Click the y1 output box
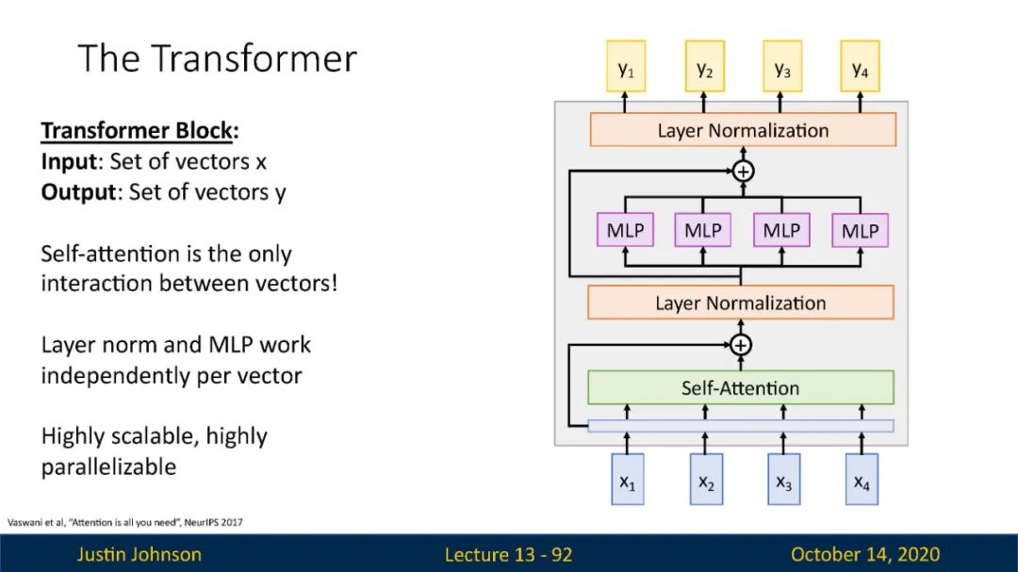pos(626,66)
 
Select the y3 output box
pos(782,66)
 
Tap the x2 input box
pos(706,479)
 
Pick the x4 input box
pos(862,479)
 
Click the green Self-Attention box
pos(741,387)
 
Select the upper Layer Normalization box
pos(743,130)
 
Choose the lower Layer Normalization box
pos(741,302)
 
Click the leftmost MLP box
pos(625,230)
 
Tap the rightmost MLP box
pos(861,231)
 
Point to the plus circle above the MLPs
pos(744,172)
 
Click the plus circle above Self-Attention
pos(741,345)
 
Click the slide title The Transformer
pos(218,58)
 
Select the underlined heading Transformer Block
pos(137,130)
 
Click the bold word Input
pos(69,162)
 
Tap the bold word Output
pos(78,192)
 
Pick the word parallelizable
pos(108,466)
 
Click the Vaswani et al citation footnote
pos(124,522)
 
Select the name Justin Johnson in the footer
pos(139,554)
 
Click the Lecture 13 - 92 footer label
pos(508,554)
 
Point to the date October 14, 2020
pos(864,554)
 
